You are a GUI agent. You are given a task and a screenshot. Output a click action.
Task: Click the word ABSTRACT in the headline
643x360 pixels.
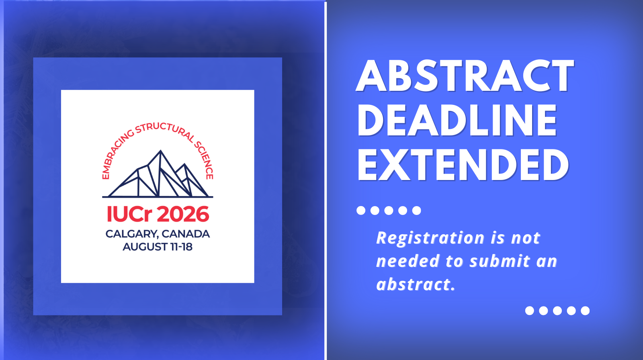pyautogui.click(x=465, y=76)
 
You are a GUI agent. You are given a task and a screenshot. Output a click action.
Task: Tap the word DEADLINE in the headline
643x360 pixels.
pyautogui.click(x=457, y=120)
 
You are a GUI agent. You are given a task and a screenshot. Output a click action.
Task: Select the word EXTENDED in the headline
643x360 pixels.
pyautogui.click(x=463, y=165)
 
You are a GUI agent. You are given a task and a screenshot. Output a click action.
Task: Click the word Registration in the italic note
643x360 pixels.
pyautogui.click(x=430, y=238)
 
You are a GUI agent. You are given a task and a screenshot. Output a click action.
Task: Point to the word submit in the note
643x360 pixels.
pyautogui.click(x=500, y=261)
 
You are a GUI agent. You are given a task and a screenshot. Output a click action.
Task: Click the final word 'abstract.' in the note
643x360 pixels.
pyautogui.click(x=416, y=284)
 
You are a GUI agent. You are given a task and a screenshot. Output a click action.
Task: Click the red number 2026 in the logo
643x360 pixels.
pyautogui.click(x=183, y=214)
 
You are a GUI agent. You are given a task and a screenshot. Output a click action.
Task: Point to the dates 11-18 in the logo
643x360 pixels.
pyautogui.click(x=181, y=247)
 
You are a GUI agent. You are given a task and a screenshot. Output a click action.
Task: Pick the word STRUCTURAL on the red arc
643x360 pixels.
pyautogui.click(x=165, y=131)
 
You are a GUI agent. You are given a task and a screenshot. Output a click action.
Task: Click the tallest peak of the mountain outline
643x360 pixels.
pyautogui.click(x=160, y=150)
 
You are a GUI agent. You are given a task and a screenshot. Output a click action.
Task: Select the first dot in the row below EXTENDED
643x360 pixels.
pyautogui.click(x=361, y=211)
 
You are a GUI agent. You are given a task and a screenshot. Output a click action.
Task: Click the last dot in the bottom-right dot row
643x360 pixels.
pyautogui.click(x=585, y=311)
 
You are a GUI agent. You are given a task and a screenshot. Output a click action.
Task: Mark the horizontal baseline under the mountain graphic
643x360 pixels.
pyautogui.click(x=158, y=197)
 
